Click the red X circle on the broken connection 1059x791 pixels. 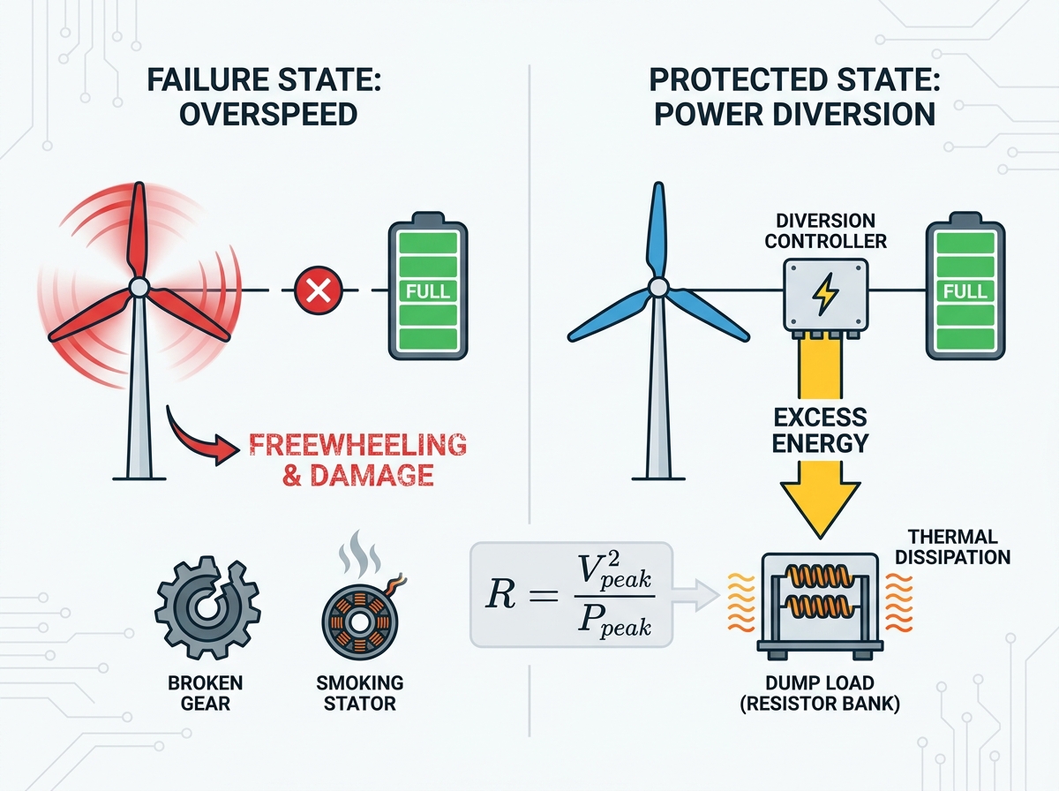coord(319,290)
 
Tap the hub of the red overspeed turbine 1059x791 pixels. coord(139,288)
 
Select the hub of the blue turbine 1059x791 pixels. coord(657,288)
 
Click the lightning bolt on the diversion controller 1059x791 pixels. coord(825,294)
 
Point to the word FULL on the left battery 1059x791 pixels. coord(428,291)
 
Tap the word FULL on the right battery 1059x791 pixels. coord(965,291)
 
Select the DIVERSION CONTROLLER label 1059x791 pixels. coord(825,230)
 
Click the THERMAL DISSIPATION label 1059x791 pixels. coord(953,546)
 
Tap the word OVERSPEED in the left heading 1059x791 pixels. coord(269,114)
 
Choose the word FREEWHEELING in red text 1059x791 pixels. coord(358,444)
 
